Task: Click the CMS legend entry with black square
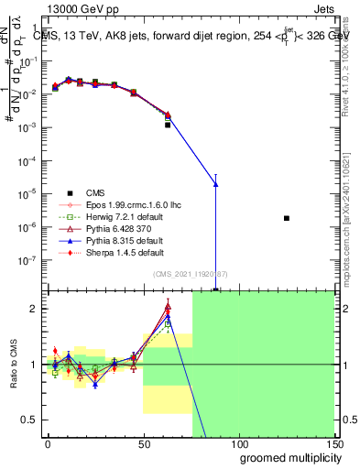point(95,192)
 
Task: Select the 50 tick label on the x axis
point(143,443)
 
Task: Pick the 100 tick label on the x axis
point(238,443)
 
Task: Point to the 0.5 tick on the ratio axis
point(31,420)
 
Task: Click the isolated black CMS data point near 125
point(287,218)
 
